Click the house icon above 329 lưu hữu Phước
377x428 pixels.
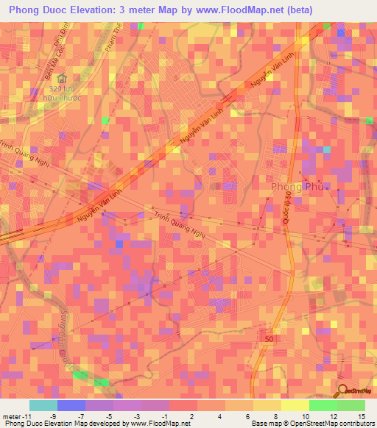62,78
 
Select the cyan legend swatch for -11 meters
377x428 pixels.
43,405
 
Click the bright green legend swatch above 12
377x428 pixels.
323,405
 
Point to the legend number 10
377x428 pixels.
306,417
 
